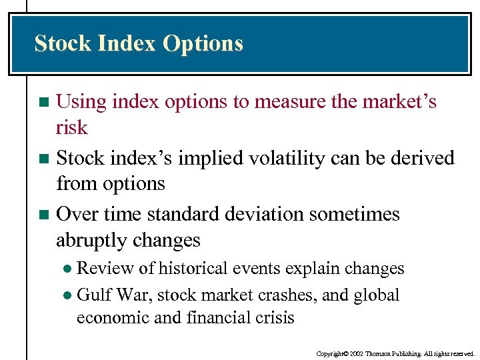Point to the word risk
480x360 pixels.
[x=72, y=127]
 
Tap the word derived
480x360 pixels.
[x=424, y=158]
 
